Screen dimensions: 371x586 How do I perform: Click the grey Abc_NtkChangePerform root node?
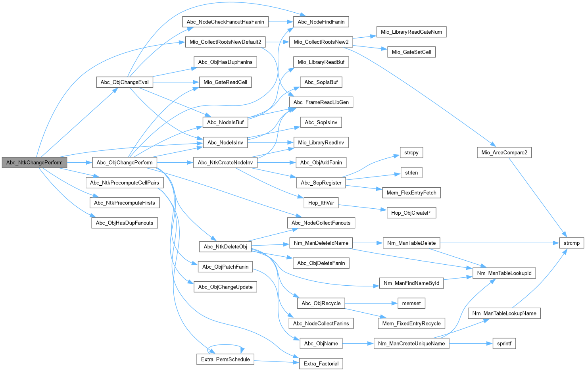point(34,162)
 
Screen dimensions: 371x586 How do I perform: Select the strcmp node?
point(571,243)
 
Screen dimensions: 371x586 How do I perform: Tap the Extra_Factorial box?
point(321,363)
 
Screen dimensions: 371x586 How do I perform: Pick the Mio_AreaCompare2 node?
point(504,152)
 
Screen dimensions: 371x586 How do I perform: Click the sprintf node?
point(504,343)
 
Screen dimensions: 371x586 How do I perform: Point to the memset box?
point(411,303)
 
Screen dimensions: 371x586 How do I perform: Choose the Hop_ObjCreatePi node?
point(411,213)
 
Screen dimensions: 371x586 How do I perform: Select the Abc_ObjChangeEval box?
point(125,82)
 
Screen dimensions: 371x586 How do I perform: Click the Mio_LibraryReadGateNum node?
point(411,32)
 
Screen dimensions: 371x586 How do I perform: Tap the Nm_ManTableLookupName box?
point(504,313)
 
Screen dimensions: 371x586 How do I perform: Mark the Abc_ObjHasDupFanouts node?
point(125,223)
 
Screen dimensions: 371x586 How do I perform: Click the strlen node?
point(411,173)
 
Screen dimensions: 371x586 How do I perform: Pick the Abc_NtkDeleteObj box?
point(225,246)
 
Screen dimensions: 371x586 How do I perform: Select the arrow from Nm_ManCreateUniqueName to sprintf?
point(471,343)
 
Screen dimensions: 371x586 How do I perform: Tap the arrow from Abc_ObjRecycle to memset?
point(371,303)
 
